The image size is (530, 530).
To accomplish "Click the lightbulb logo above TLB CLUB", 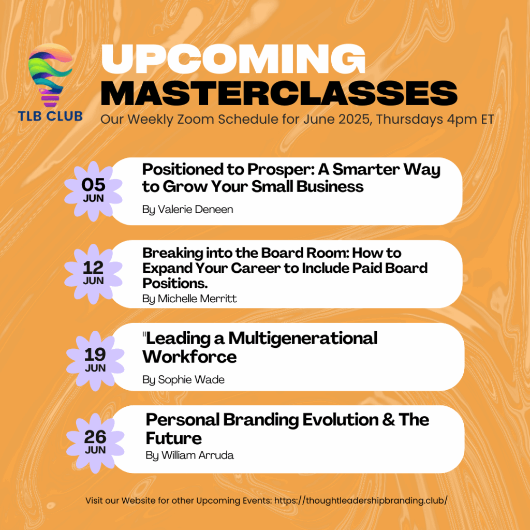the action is (x=50, y=75).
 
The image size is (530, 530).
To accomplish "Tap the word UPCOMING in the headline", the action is (x=233, y=59).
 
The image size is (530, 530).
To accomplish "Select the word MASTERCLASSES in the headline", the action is (x=279, y=93).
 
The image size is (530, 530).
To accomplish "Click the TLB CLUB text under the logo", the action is (x=50, y=116).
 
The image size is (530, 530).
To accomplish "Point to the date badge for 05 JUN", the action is (x=93, y=191).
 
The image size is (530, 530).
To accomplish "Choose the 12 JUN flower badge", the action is (x=93, y=274).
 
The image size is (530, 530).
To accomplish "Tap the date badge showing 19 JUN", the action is (x=95, y=361).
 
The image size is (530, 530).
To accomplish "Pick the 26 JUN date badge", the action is (x=95, y=443).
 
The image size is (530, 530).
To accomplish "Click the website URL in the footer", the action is (x=361, y=500).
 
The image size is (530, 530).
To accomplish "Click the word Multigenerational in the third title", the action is (x=303, y=338).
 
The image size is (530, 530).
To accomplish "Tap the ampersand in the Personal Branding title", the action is (x=388, y=420).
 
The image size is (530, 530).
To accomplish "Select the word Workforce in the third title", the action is (x=189, y=357).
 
